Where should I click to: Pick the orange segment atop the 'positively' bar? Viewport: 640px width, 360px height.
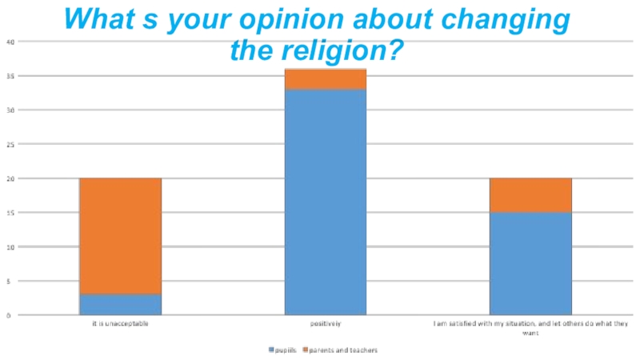(x=326, y=78)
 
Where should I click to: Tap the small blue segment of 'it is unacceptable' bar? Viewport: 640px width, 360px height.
(x=120, y=304)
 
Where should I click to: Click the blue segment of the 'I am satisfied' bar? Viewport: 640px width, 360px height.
(x=530, y=263)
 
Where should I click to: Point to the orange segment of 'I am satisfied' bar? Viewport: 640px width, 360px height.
(x=530, y=194)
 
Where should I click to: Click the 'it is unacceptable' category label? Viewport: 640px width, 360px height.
(x=120, y=324)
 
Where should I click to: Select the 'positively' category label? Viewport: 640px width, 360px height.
(x=326, y=324)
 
